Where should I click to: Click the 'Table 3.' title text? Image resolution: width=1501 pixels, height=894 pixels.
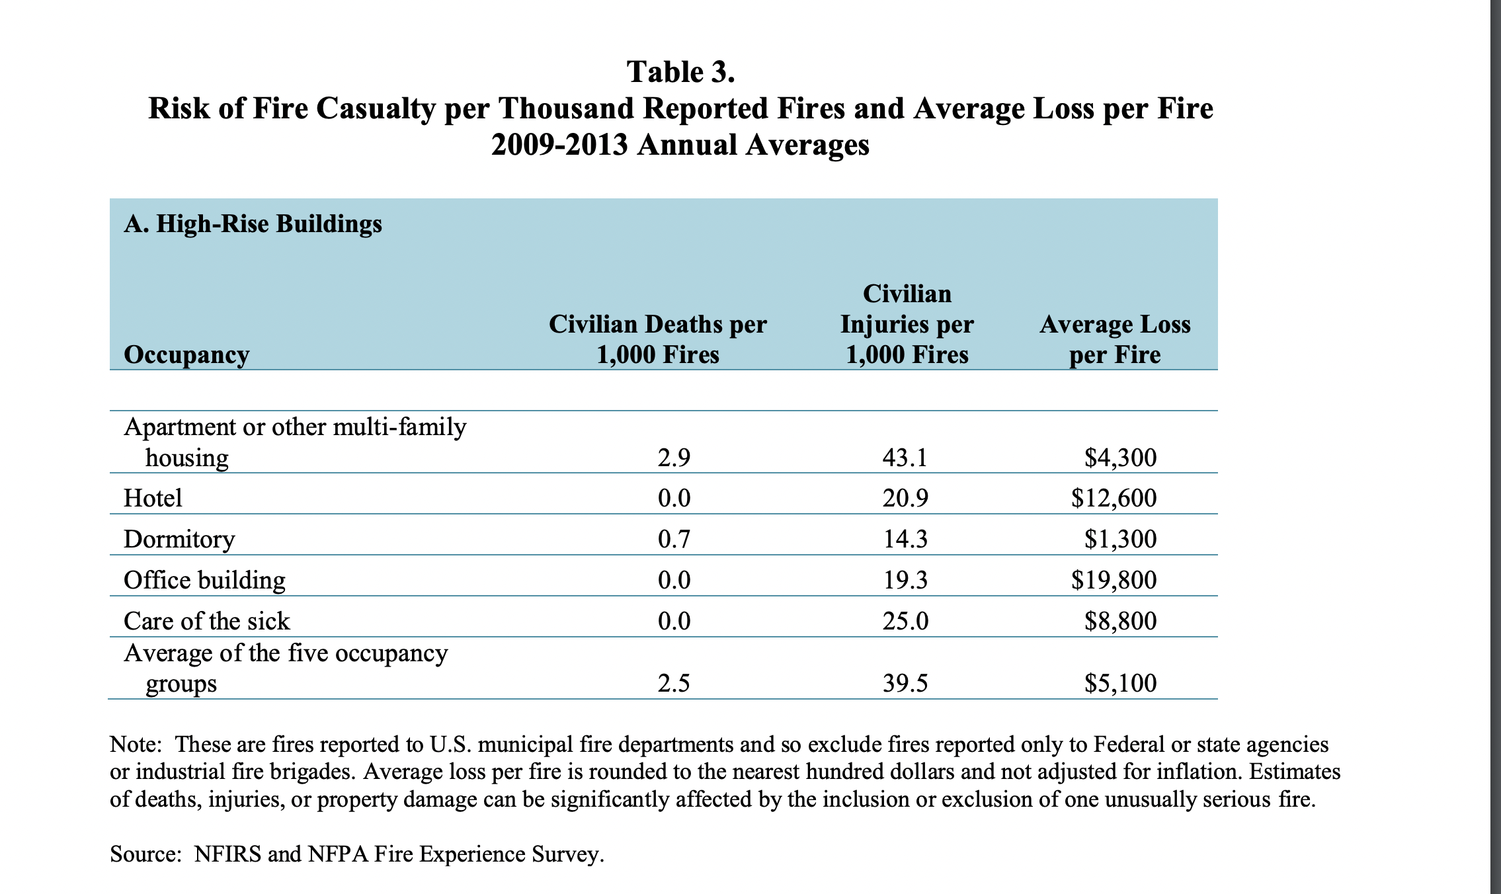tap(680, 72)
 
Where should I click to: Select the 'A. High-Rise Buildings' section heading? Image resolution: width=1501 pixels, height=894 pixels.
tap(253, 224)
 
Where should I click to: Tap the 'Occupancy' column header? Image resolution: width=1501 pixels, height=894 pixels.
tap(186, 355)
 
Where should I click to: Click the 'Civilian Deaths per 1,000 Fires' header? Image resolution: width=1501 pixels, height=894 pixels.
tap(657, 339)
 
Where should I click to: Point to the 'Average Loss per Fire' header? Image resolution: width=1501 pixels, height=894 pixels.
tap(1115, 339)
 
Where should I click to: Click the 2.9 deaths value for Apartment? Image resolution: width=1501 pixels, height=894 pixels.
tap(674, 458)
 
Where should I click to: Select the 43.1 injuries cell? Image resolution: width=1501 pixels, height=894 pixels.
tap(905, 458)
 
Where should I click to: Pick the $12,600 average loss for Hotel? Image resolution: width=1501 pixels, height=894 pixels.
tap(1114, 498)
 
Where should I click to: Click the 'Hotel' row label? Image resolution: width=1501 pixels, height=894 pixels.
tap(153, 498)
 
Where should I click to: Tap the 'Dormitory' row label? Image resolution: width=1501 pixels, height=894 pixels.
tap(179, 540)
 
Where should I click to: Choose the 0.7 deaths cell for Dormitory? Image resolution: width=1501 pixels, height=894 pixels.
tap(674, 540)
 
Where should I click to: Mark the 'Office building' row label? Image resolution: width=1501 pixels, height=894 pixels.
tap(204, 580)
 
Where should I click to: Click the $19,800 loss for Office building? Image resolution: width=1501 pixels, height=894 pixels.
tap(1114, 580)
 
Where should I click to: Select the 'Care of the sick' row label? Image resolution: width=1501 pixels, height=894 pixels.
tap(206, 621)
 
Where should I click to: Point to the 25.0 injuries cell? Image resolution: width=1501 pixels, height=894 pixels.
tap(905, 621)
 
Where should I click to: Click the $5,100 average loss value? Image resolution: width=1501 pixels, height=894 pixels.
tap(1120, 683)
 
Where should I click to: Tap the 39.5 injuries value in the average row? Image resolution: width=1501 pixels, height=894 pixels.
tap(905, 683)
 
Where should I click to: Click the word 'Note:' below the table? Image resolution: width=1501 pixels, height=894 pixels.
tap(136, 745)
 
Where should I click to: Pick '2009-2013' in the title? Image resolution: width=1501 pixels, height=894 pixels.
tap(559, 145)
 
